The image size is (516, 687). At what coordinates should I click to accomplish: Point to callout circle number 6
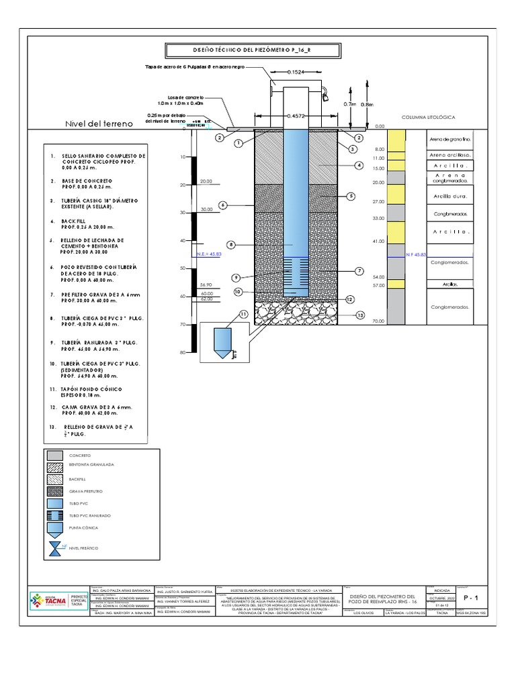pos(223,205)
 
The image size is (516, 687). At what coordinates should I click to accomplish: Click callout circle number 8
pos(232,245)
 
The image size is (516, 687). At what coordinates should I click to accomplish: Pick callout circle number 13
pos(360,315)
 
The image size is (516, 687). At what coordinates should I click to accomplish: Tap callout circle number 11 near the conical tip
pos(243,314)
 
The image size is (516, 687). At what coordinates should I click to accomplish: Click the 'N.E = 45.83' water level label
pos(209,255)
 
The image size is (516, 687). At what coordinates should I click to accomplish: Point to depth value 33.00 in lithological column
pos(378,219)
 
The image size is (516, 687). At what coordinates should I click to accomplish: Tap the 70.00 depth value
pos(378,322)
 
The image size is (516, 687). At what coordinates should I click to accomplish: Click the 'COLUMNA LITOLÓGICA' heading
pos(428,117)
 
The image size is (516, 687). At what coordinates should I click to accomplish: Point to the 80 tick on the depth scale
pos(182,353)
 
